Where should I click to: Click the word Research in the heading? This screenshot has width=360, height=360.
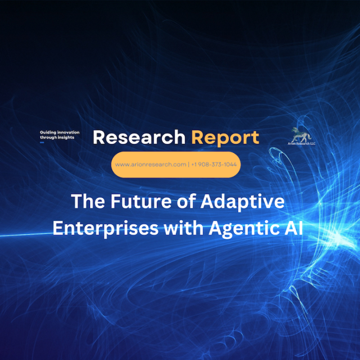tap(139, 137)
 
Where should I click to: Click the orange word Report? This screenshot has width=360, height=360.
tap(225, 138)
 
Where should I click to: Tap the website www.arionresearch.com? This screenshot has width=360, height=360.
tap(151, 164)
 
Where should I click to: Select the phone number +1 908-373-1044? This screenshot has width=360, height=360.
tap(214, 164)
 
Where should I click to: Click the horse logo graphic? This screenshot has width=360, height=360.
tap(301, 135)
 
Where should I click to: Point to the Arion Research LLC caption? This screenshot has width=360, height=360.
tap(301, 144)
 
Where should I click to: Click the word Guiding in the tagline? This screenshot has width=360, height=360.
tap(48, 133)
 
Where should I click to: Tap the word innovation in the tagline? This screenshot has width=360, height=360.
tap(68, 132)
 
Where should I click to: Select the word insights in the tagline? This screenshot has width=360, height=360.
tap(66, 137)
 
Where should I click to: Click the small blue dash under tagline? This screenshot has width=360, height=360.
tap(42, 142)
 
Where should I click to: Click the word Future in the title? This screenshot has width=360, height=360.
tap(141, 201)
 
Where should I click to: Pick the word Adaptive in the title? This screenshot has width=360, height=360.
tap(242, 202)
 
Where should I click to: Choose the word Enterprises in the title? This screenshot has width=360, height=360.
tap(106, 228)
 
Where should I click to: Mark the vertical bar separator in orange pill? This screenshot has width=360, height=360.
tap(189, 164)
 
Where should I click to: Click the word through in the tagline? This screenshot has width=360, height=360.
tap(48, 137)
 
